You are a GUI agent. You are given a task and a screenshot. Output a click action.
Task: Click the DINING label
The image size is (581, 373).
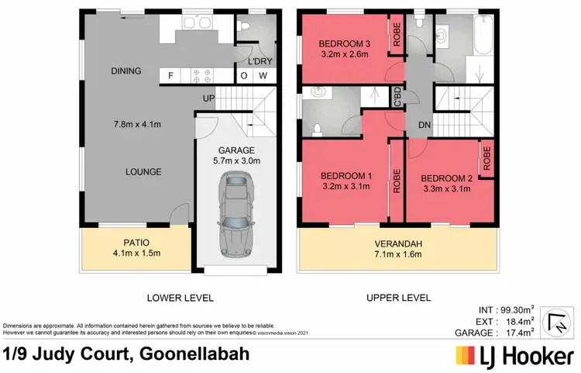pyautogui.click(x=125, y=71)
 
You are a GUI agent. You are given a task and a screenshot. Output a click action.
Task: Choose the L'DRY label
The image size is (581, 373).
pyautogui.click(x=258, y=60)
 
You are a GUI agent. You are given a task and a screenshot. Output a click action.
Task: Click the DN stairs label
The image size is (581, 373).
pyautogui.click(x=424, y=124)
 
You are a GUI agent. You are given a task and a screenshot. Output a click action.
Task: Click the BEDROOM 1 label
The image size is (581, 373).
pyautogui.click(x=346, y=175)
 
